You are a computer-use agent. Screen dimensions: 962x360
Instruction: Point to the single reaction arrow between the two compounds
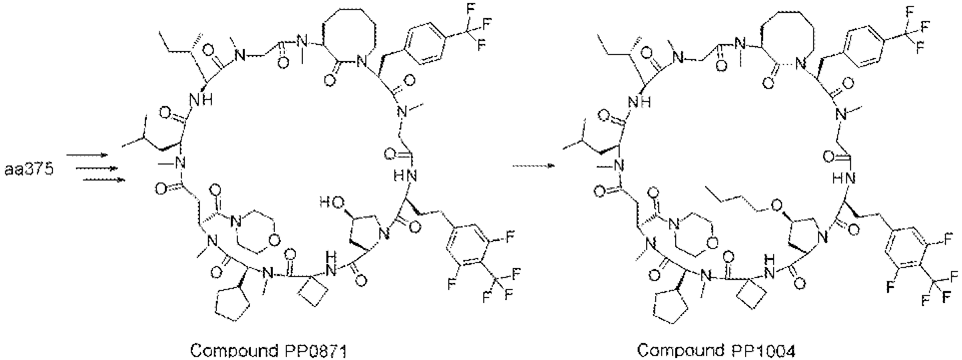pos(534,166)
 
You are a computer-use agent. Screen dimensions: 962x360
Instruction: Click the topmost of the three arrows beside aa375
pos(87,155)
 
